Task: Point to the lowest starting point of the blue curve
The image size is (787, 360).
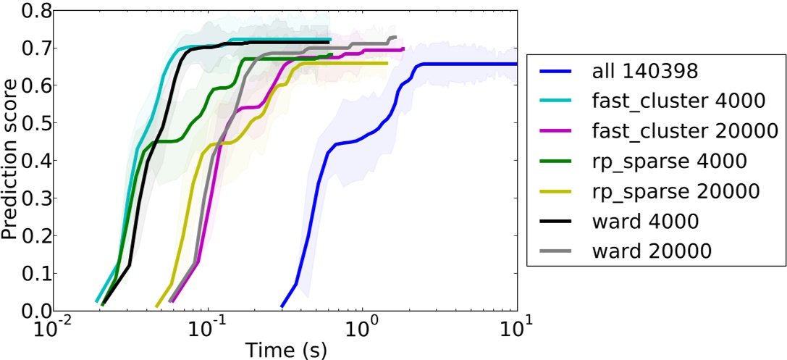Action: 282,306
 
